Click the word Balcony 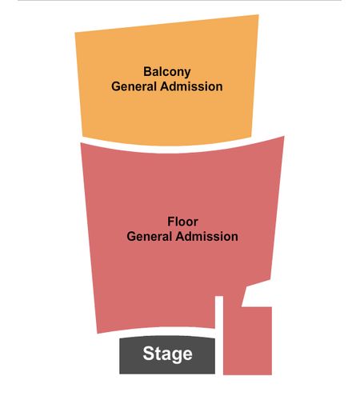[x=167, y=72]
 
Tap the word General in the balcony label [x=134, y=86]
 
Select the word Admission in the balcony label [x=191, y=86]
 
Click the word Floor [x=182, y=222]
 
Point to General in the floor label [x=149, y=237]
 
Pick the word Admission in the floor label [x=206, y=237]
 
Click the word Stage [x=167, y=354]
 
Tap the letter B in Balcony [x=148, y=71]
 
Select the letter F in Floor [x=171, y=222]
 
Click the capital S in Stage [x=148, y=353]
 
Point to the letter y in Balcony [x=187, y=74]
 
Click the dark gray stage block [x=167, y=355]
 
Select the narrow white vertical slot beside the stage [x=219, y=335]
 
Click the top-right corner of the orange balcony [x=258, y=15]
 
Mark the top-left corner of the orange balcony [x=75, y=33]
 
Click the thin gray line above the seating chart [x=180, y=1]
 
